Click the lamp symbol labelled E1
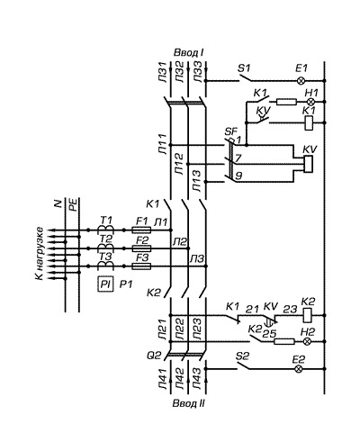point(301,81)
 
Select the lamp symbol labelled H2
point(306,341)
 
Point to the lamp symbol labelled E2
point(299,369)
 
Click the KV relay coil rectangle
point(309,164)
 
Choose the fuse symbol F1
point(141,230)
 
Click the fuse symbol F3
point(141,266)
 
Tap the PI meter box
point(105,284)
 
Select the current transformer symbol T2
point(105,248)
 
